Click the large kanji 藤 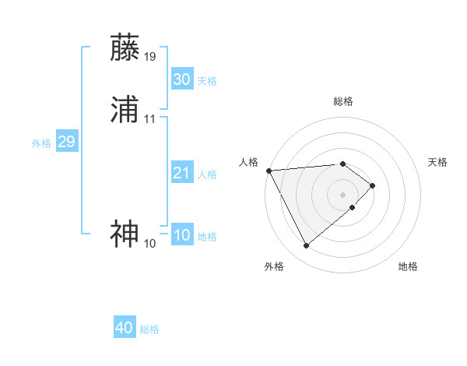(125, 48)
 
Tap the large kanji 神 (125, 234)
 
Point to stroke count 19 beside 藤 (150, 56)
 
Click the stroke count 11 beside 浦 (150, 119)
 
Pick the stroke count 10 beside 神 (150, 244)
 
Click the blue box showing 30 (181, 79)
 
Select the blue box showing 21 (181, 173)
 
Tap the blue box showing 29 (66, 142)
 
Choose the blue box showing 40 (125, 328)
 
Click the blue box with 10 (181, 235)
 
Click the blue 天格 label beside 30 (207, 81)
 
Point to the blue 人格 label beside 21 (207, 174)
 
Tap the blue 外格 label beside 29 (41, 143)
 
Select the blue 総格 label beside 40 (149, 329)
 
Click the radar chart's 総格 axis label (343, 101)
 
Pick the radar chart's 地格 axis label (408, 266)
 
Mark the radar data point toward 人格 (269, 171)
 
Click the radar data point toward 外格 (307, 246)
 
